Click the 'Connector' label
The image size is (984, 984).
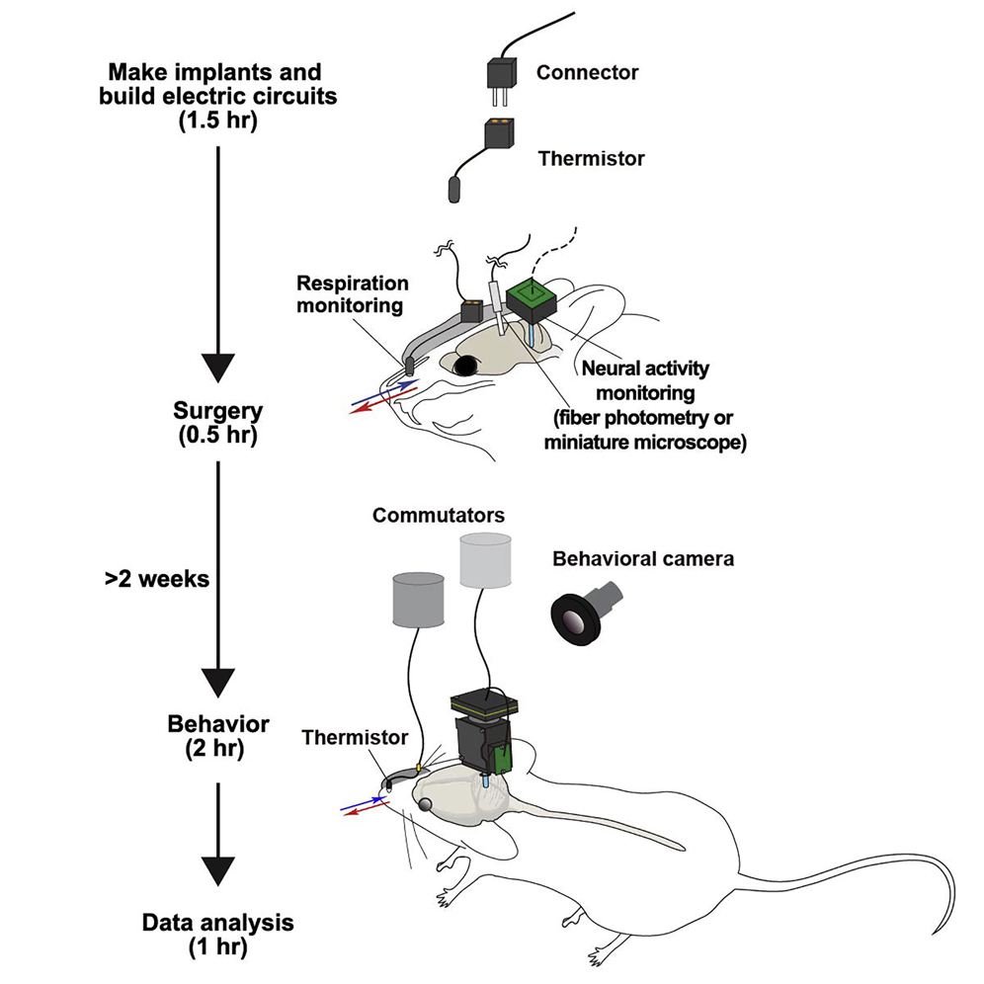(x=587, y=72)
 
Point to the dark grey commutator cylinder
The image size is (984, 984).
(x=419, y=597)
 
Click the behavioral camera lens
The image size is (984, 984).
(x=570, y=621)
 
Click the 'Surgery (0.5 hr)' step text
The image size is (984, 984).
(x=217, y=420)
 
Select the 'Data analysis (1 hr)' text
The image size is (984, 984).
(x=217, y=935)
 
